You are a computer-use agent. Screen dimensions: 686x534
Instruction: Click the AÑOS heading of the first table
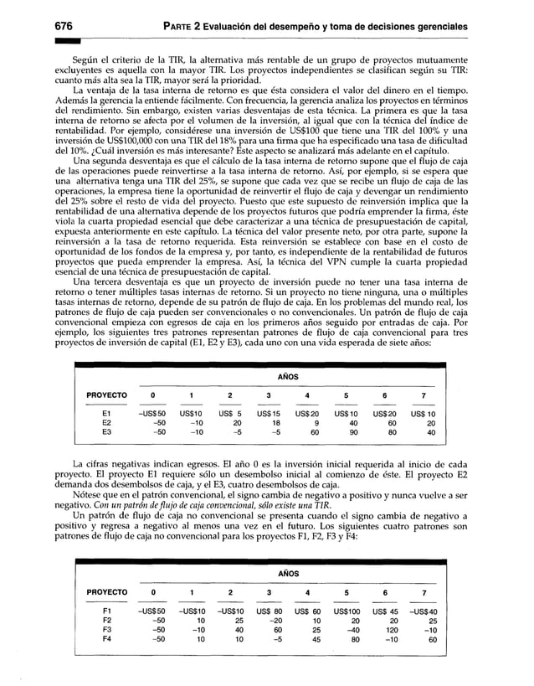coord(287,377)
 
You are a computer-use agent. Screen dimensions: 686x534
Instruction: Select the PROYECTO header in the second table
coord(106,592)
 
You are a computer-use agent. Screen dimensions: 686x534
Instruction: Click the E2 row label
coord(106,423)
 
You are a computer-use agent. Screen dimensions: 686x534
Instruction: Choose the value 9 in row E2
coord(310,423)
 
